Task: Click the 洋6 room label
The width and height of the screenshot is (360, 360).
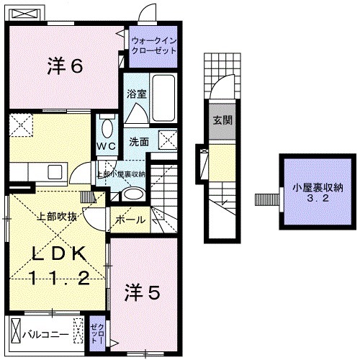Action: [67, 66]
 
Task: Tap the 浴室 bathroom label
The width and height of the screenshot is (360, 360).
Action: [138, 93]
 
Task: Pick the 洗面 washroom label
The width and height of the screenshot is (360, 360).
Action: [140, 142]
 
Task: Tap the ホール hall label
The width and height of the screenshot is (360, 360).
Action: [130, 220]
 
